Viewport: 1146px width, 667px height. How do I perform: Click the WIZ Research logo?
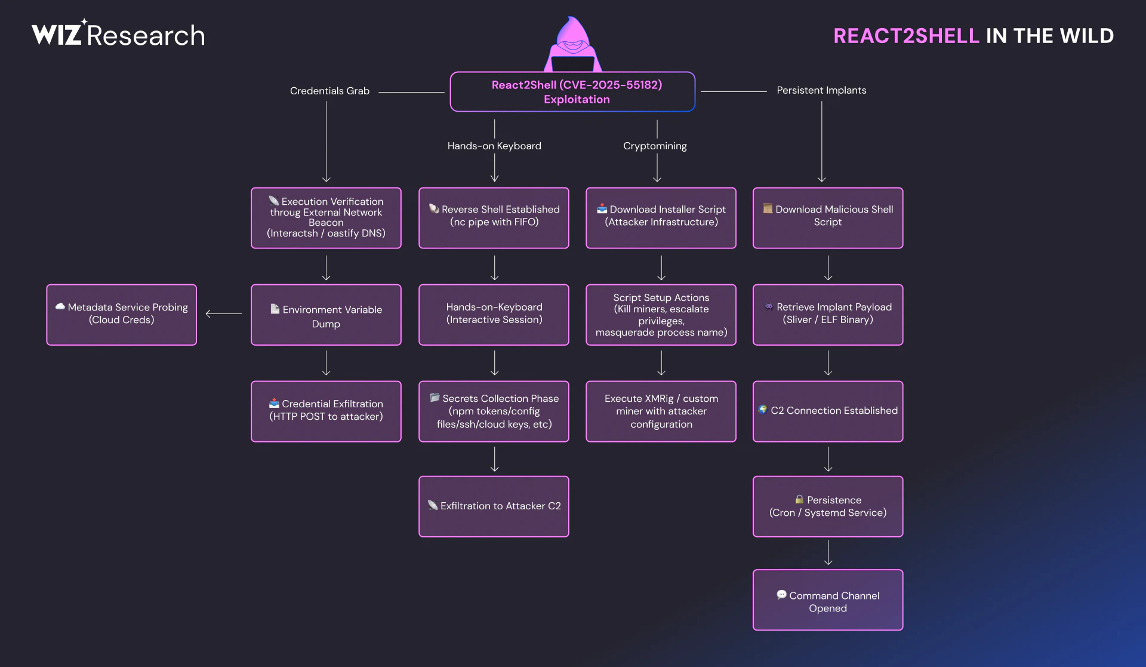click(x=118, y=35)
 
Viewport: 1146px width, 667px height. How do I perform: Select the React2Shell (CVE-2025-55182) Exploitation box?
click(x=573, y=92)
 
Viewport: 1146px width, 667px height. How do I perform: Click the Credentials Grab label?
click(x=329, y=91)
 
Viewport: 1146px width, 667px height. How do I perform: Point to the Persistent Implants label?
click(x=821, y=90)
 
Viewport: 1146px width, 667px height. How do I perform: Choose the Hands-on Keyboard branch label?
click(x=494, y=146)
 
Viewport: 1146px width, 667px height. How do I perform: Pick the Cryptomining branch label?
click(x=655, y=146)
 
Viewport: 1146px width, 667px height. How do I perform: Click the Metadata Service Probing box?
click(x=122, y=315)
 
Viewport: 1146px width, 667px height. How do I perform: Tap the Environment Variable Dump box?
click(x=326, y=315)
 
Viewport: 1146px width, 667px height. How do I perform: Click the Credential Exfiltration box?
click(x=326, y=411)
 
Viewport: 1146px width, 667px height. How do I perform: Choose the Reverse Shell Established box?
click(x=494, y=218)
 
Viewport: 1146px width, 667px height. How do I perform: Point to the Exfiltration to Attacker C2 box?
click(x=494, y=506)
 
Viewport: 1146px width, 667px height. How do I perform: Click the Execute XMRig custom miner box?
click(x=661, y=411)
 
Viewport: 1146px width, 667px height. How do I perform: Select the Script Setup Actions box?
click(x=661, y=315)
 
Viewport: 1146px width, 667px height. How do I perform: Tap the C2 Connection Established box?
click(x=828, y=411)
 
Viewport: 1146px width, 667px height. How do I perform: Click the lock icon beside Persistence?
click(x=799, y=499)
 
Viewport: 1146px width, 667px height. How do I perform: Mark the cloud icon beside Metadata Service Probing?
click(x=60, y=306)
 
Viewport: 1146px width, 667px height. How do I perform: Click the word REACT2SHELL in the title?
click(x=906, y=36)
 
